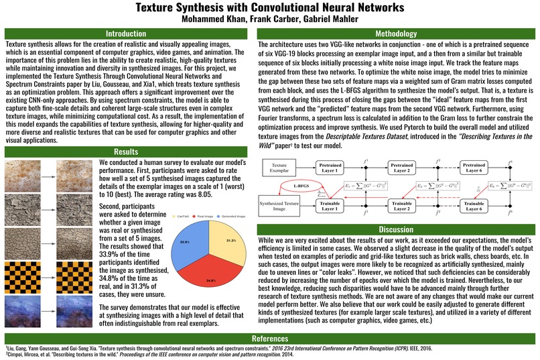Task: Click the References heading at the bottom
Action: click(x=269, y=338)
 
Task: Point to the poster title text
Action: click(x=269, y=8)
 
